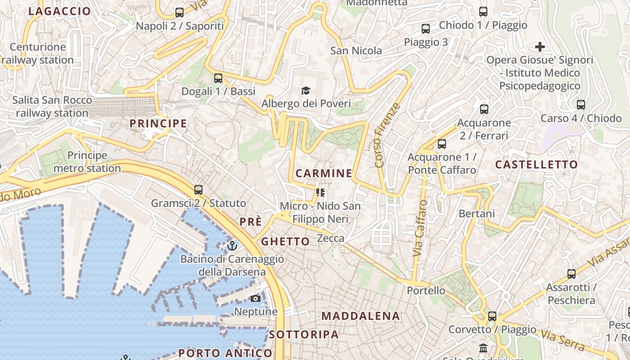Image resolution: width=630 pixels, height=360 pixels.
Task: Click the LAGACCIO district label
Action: [59, 11]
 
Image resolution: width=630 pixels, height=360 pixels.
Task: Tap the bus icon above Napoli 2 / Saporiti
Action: [179, 13]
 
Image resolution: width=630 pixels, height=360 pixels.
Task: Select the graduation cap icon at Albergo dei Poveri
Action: [306, 91]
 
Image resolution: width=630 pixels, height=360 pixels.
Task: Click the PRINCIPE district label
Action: [158, 123]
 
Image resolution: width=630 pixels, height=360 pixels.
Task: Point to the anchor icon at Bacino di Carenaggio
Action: [232, 246]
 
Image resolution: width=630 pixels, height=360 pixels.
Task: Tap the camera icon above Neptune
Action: [256, 298]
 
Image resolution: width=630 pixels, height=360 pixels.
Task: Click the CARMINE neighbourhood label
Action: [324, 173]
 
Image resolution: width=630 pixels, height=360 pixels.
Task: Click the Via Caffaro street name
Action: [420, 228]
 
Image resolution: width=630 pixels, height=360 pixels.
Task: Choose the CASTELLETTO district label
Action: [536, 165]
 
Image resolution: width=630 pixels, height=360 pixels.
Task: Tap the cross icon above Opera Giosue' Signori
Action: [540, 46]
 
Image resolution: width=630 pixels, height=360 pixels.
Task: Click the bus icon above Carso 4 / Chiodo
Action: [581, 105]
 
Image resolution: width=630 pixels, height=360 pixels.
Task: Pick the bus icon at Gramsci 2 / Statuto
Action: [198, 190]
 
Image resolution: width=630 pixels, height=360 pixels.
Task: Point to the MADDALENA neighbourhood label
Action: [361, 316]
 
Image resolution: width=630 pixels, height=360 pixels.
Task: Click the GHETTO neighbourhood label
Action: [286, 242]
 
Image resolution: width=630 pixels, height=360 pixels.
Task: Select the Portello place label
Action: [426, 290]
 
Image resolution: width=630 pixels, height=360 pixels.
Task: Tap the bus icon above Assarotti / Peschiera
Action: [571, 274]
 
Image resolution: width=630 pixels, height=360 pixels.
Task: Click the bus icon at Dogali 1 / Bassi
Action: [218, 78]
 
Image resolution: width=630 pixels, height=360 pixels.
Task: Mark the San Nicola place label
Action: [356, 50]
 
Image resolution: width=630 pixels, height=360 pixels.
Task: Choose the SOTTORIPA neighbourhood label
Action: [304, 334]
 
